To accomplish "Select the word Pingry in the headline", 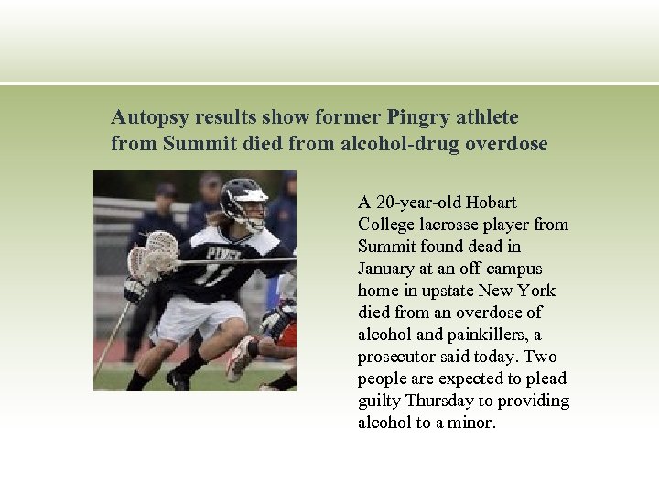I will [418, 118].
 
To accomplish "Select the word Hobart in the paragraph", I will [492, 203].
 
